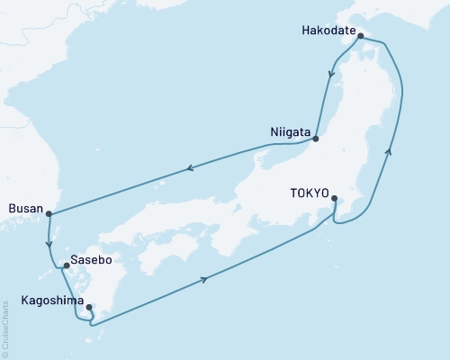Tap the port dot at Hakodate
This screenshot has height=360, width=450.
[360, 37]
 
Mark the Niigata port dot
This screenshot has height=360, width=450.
[316, 139]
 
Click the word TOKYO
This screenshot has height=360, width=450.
[310, 192]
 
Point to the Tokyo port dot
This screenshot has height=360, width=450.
[335, 199]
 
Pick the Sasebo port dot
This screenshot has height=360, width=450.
[66, 265]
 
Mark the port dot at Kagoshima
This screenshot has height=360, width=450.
[88, 308]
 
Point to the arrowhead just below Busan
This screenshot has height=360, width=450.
[49, 240]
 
